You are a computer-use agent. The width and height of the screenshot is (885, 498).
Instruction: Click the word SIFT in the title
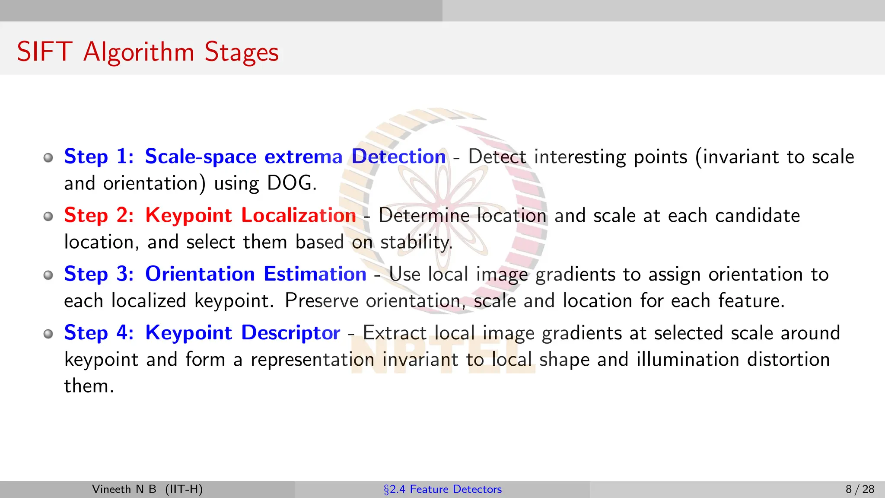point(44,52)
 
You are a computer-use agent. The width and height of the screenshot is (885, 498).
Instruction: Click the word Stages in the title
point(241,53)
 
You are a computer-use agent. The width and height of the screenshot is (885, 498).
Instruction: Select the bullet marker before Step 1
point(48,157)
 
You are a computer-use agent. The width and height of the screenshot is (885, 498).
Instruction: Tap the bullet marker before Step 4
point(48,334)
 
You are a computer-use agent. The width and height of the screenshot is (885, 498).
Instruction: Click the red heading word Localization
point(298,215)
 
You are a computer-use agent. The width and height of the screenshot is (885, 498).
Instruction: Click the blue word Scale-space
point(201,156)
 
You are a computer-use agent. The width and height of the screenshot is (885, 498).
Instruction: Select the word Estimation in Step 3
point(315,274)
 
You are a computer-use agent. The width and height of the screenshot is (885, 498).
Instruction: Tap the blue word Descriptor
point(290,333)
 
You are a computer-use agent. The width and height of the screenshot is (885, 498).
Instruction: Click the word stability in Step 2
point(416,242)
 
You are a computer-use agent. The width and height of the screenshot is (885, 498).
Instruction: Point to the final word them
point(88,386)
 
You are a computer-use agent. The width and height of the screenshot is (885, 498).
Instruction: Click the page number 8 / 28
point(860,489)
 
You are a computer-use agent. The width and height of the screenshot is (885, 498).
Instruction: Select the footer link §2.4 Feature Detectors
point(442,489)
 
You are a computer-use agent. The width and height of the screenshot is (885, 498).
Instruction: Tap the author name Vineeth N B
point(124,489)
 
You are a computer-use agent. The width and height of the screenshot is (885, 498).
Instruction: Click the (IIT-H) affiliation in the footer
point(184,489)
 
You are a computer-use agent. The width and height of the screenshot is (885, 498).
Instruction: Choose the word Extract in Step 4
point(395,333)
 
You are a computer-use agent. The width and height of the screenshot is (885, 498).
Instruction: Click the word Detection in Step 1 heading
point(398,156)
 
